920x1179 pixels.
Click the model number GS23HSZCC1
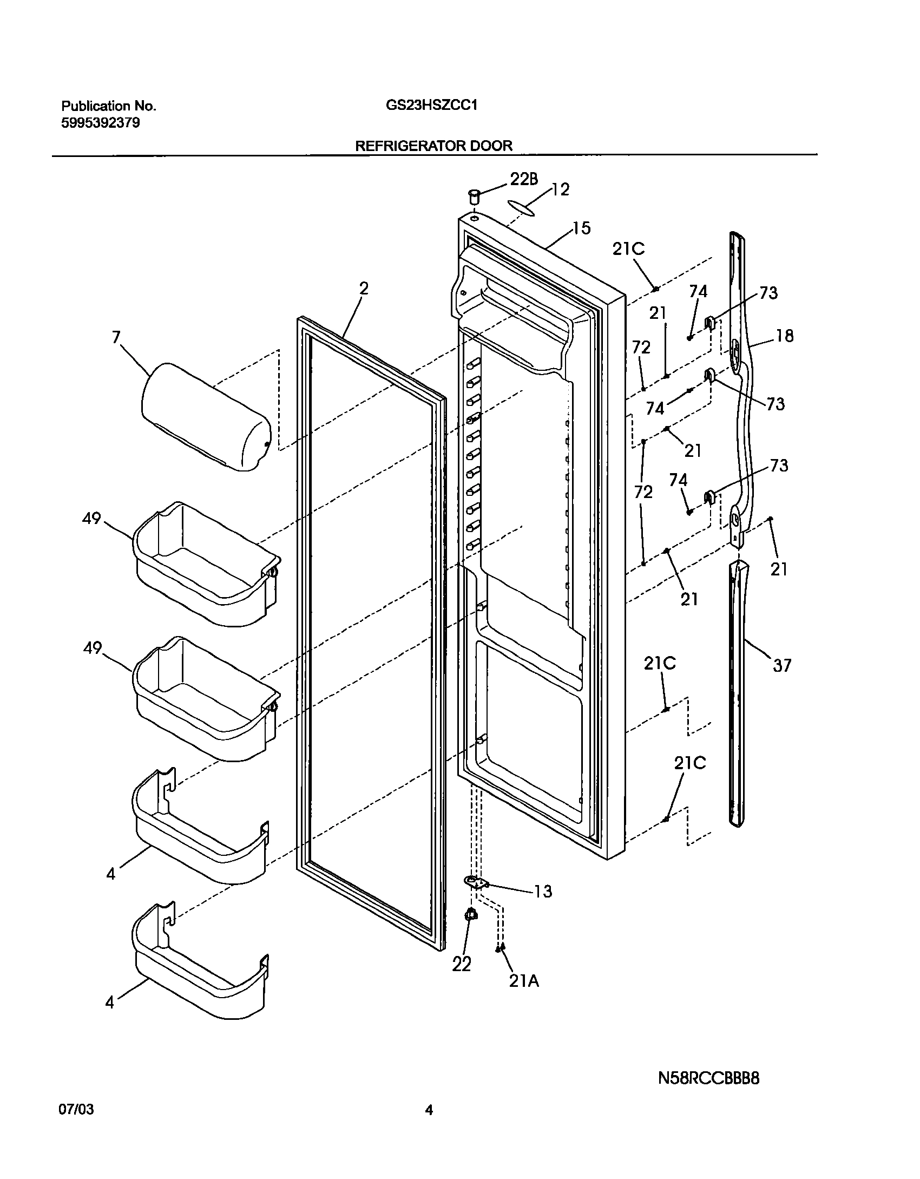click(x=431, y=106)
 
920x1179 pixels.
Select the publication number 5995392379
click(x=100, y=123)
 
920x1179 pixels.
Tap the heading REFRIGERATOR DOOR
click(x=433, y=146)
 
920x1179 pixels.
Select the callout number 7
click(x=116, y=337)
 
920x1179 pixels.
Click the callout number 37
click(x=781, y=665)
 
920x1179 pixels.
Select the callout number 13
click(x=543, y=891)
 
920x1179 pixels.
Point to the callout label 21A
click(x=523, y=981)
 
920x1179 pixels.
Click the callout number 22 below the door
click(x=462, y=964)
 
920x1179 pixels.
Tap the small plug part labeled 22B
click(x=474, y=196)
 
